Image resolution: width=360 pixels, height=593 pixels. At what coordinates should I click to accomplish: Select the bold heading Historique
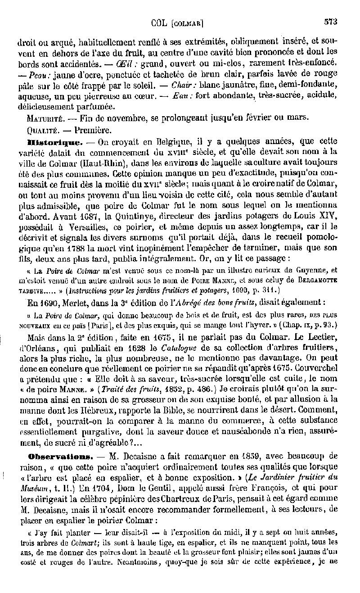tap(48, 141)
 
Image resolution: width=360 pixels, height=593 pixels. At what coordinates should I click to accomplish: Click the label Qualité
tap(42, 130)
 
